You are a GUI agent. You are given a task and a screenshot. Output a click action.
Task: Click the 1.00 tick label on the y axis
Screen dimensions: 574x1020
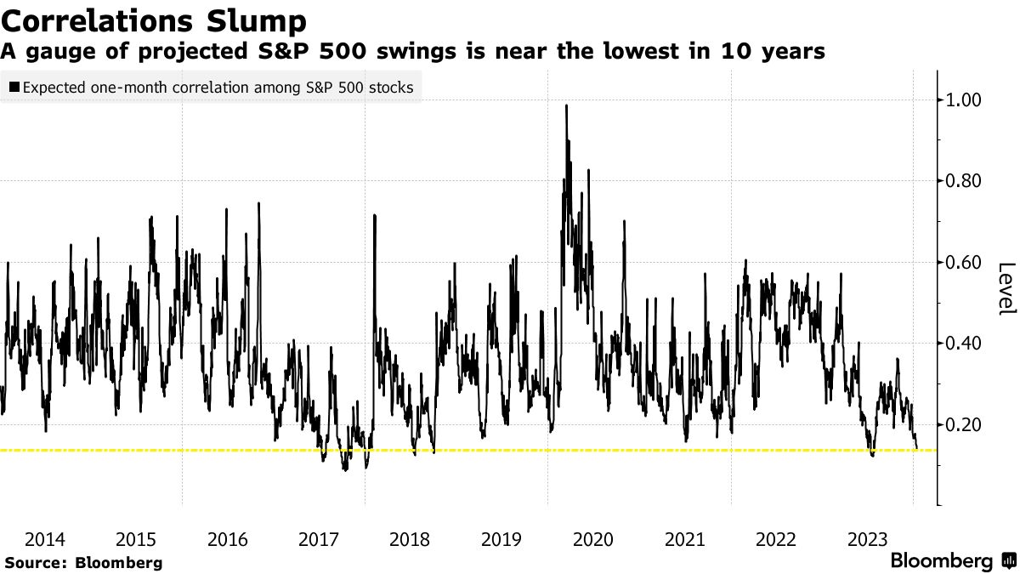click(x=964, y=100)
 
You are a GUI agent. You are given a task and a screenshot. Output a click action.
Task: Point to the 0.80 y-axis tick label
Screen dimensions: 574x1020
click(x=964, y=181)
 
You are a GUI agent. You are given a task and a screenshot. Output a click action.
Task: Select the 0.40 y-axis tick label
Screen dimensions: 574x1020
click(x=964, y=344)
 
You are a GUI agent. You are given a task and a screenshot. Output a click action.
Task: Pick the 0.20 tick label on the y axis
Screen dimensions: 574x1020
click(x=964, y=424)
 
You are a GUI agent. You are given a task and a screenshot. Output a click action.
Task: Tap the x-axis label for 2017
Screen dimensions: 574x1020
click(x=320, y=539)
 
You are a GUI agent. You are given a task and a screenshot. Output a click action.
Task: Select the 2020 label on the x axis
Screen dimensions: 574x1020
click(x=593, y=539)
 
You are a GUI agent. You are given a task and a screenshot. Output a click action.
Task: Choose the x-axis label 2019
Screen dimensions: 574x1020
click(x=501, y=539)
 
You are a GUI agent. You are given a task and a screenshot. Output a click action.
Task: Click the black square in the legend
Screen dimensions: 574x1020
click(x=14, y=87)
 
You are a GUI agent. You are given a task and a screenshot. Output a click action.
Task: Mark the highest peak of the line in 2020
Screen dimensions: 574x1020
click(x=566, y=105)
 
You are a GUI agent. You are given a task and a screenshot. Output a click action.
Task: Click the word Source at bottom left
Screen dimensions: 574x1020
click(x=33, y=563)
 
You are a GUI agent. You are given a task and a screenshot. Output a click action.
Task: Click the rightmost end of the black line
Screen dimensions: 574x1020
click(x=917, y=448)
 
